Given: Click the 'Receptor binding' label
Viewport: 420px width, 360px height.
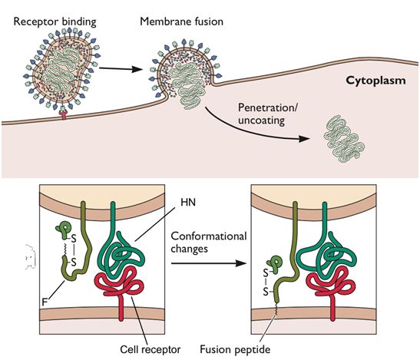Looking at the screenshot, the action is [55, 21].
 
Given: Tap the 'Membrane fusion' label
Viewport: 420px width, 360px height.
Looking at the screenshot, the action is [182, 21].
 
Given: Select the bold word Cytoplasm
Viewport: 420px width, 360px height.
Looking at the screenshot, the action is [375, 81].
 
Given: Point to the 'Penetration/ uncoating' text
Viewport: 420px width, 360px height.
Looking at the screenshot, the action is [268, 114].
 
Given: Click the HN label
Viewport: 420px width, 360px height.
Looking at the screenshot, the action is [188, 202].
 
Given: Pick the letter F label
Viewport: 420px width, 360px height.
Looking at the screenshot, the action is [45, 302].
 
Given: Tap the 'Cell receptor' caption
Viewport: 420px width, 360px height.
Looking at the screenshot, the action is [150, 349].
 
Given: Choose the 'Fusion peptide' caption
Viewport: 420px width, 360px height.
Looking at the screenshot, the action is [235, 349].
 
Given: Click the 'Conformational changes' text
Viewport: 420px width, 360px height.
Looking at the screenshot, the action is [209, 243].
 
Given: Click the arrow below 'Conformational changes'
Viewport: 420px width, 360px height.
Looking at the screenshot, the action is [209, 263].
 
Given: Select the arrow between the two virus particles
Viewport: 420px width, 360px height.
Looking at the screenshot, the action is [121, 69].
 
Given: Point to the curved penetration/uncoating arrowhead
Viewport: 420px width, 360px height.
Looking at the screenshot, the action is [304, 139].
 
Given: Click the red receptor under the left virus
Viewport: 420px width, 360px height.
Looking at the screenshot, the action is [63, 114].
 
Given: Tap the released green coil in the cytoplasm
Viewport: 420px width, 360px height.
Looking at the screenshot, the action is [344, 139].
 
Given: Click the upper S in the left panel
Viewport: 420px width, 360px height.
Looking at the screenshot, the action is [74, 238].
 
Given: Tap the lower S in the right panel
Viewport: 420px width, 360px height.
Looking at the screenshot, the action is [266, 291].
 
